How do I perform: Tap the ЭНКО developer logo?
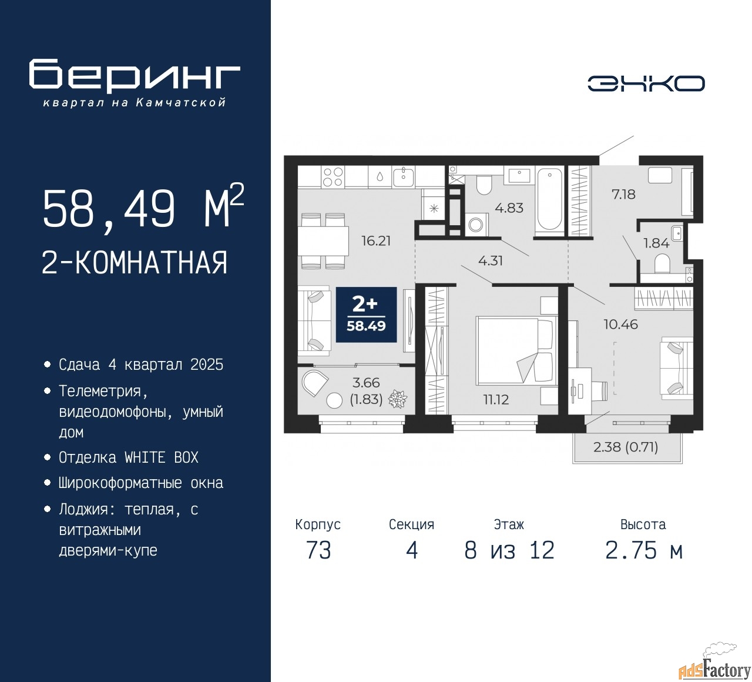(646, 83)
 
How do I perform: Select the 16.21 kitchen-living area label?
(375, 240)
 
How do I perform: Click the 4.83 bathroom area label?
(509, 208)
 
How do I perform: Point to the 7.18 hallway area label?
(623, 195)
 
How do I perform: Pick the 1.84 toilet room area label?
(656, 243)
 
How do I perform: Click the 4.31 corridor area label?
(491, 260)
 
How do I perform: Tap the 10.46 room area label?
(621, 324)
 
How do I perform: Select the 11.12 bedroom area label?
(496, 400)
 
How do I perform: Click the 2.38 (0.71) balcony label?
(626, 447)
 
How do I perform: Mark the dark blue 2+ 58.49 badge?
(366, 315)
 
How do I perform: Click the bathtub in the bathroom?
(549, 199)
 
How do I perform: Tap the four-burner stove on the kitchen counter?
(333, 177)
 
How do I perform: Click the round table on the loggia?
(334, 400)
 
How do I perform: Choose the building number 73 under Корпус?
(318, 550)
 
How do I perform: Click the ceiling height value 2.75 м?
(644, 550)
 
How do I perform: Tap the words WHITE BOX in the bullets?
(162, 457)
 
